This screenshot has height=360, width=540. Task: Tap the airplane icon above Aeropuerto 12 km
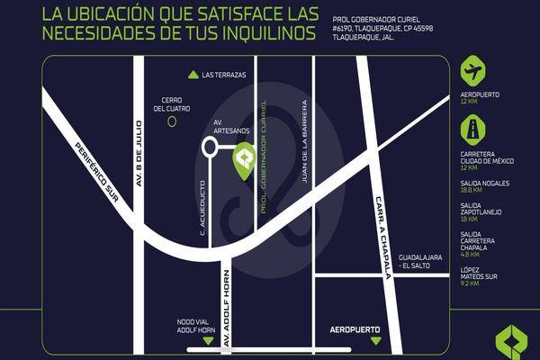tap(472, 70)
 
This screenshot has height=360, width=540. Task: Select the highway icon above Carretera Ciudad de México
tap(472, 130)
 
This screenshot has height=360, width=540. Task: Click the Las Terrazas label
tap(224, 75)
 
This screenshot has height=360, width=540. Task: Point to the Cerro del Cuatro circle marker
tap(172, 121)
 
